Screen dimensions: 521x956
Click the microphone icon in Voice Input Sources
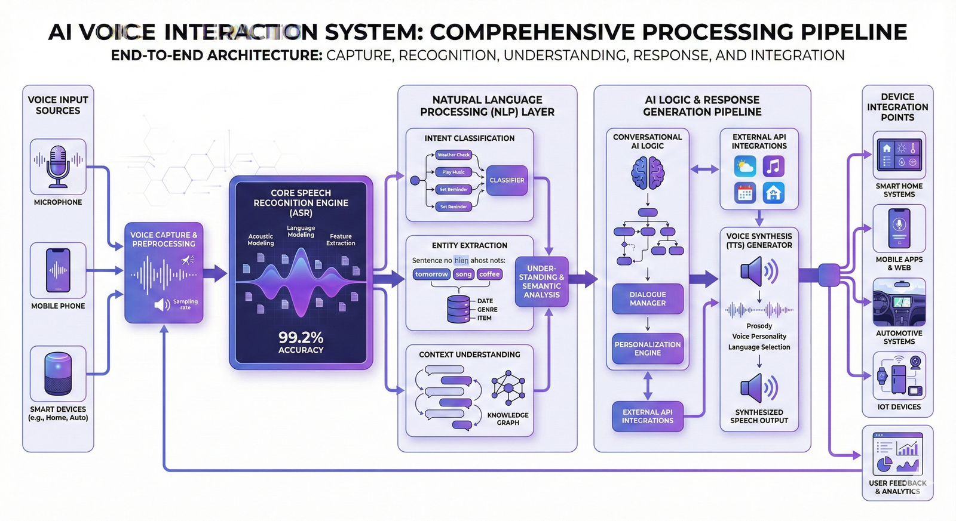[x=58, y=167]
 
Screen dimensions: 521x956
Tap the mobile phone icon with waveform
[x=58, y=270]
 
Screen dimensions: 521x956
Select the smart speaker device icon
[x=58, y=374]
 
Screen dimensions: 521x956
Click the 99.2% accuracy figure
[x=301, y=338]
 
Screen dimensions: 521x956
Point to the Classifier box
[x=507, y=180]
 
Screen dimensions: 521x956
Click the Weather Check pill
[x=454, y=155]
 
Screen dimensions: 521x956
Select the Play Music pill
[x=454, y=172]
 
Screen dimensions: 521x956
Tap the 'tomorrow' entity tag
[x=431, y=275]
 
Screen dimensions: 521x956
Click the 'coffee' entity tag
[x=489, y=275]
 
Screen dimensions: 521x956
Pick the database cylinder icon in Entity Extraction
[x=458, y=309]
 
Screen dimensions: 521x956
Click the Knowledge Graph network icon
[x=508, y=387]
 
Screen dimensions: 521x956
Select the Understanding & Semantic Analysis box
[x=541, y=282]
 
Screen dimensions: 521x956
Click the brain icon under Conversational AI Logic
[x=648, y=172]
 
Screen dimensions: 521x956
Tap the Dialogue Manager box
[x=648, y=299]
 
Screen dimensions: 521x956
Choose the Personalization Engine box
[x=648, y=349]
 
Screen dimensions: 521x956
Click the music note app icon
[x=774, y=167]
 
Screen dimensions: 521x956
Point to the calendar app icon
[x=745, y=193]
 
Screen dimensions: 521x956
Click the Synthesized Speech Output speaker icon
[x=759, y=389]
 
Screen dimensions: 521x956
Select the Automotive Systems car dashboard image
[x=899, y=303]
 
